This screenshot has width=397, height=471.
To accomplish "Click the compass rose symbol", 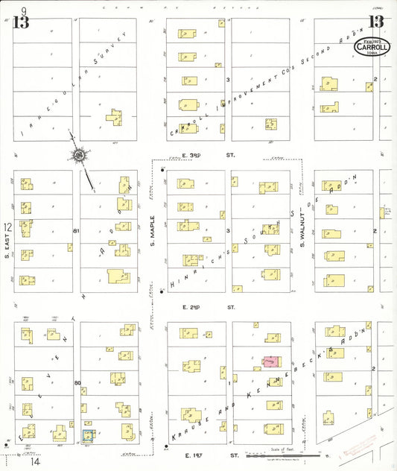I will point(77,154).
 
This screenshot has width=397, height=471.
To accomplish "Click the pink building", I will point(270,361).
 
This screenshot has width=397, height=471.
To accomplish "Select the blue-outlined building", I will point(88,436).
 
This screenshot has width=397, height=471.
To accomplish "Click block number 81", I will point(76,232).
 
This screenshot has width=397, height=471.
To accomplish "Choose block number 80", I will point(76,382).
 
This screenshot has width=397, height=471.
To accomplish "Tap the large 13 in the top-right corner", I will point(375,22).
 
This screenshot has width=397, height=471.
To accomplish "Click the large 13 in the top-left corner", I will point(20,22).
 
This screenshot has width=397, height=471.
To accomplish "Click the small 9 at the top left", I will point(25,10).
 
